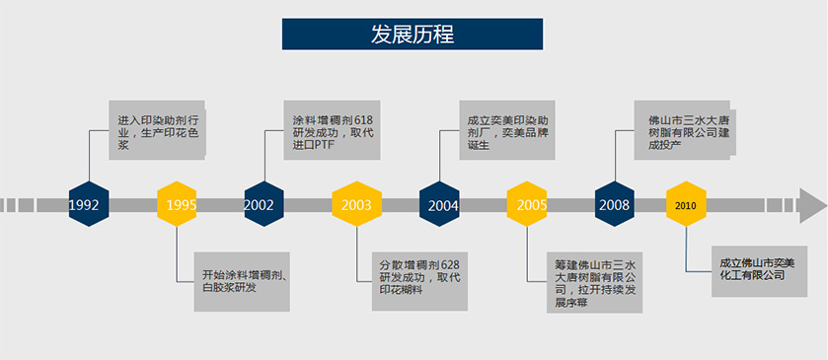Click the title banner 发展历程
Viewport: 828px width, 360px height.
pyautogui.click(x=413, y=35)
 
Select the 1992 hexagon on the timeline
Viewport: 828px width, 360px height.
pyautogui.click(x=89, y=204)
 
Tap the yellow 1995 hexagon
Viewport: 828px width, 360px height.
pyautogui.click(x=177, y=204)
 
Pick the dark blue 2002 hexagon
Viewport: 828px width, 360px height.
pyautogui.click(x=264, y=204)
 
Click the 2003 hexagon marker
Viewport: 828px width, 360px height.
pyautogui.click(x=357, y=204)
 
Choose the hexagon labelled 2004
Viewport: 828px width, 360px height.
pyautogui.click(x=439, y=204)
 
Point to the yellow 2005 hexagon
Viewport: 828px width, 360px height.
pyautogui.click(x=527, y=204)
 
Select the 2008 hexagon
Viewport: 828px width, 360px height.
pyautogui.click(x=615, y=204)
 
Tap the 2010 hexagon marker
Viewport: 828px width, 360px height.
pyautogui.click(x=686, y=204)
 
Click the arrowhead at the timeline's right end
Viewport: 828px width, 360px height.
pyautogui.click(x=813, y=205)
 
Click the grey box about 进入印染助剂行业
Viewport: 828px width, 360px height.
pyautogui.click(x=157, y=130)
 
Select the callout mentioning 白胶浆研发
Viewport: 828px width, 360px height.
pyautogui.click(x=242, y=281)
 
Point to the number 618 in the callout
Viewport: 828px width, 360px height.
pyautogui.click(x=363, y=119)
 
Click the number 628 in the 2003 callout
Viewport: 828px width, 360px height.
pyautogui.click(x=450, y=264)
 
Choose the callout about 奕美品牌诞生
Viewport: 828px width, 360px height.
pyautogui.click(x=507, y=130)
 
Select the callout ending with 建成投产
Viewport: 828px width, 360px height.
pyautogui.click(x=682, y=130)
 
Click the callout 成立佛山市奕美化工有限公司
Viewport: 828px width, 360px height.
pyautogui.click(x=759, y=271)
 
